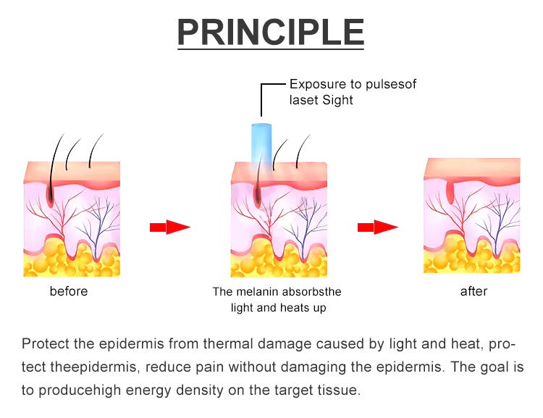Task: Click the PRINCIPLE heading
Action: tap(271, 33)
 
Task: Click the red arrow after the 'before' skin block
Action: tap(169, 227)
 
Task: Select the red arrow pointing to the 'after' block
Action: tap(378, 227)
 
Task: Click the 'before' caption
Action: tap(69, 291)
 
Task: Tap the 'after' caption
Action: tap(473, 291)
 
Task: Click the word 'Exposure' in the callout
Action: tap(317, 85)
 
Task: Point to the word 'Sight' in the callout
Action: tap(337, 100)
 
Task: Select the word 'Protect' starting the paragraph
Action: tap(42, 344)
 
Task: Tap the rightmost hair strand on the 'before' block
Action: tap(93, 149)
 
